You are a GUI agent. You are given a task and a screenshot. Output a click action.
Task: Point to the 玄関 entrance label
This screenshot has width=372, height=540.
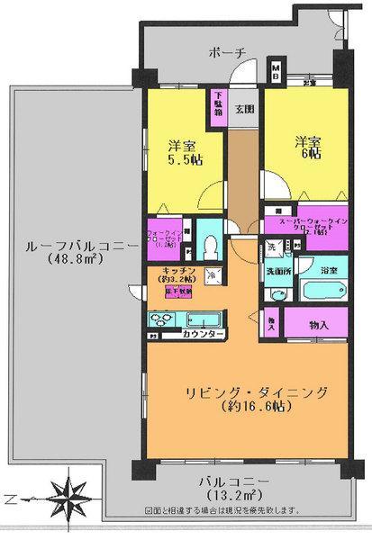point(244,110)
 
